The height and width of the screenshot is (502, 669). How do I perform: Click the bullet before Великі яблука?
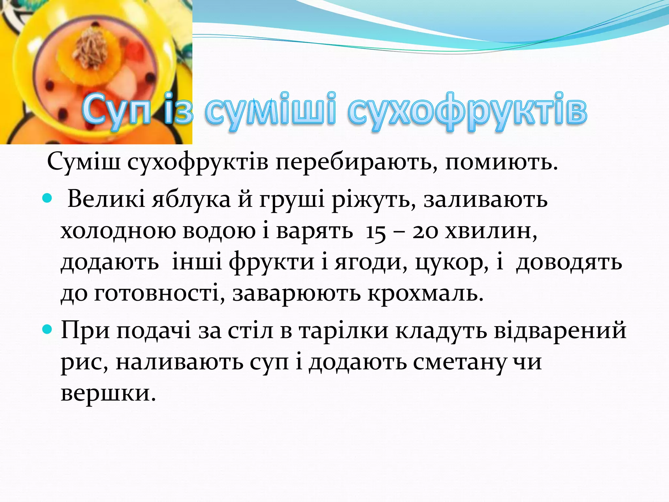tap(47, 198)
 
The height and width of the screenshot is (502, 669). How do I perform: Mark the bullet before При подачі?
tap(47, 329)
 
